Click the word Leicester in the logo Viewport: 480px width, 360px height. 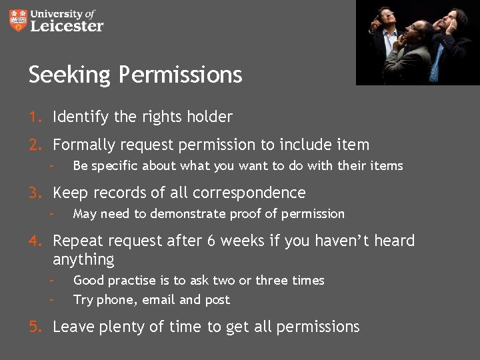tap(67, 26)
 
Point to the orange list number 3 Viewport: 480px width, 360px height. tap(34, 193)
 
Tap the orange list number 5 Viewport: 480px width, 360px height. tap(34, 327)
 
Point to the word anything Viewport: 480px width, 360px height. tap(83, 259)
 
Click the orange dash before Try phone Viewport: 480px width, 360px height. tap(51, 299)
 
